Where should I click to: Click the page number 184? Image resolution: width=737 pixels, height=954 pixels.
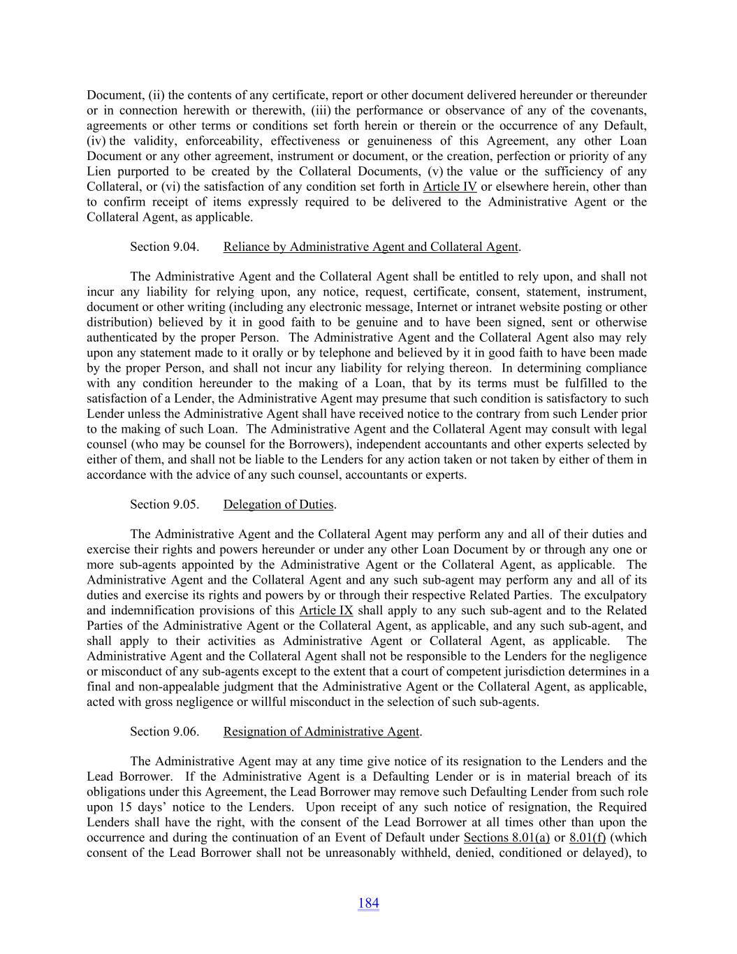[x=368, y=903]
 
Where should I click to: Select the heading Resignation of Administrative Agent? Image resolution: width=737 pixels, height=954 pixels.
[x=321, y=732]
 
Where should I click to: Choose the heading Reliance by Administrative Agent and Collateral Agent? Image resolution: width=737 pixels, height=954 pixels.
[x=371, y=247]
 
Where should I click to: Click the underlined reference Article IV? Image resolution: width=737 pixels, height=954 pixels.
[x=450, y=187]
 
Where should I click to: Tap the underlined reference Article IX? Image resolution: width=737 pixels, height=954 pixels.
[x=326, y=611]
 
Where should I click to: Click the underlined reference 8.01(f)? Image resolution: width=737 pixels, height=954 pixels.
[x=588, y=838]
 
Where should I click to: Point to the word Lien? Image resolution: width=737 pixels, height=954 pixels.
[x=99, y=171]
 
